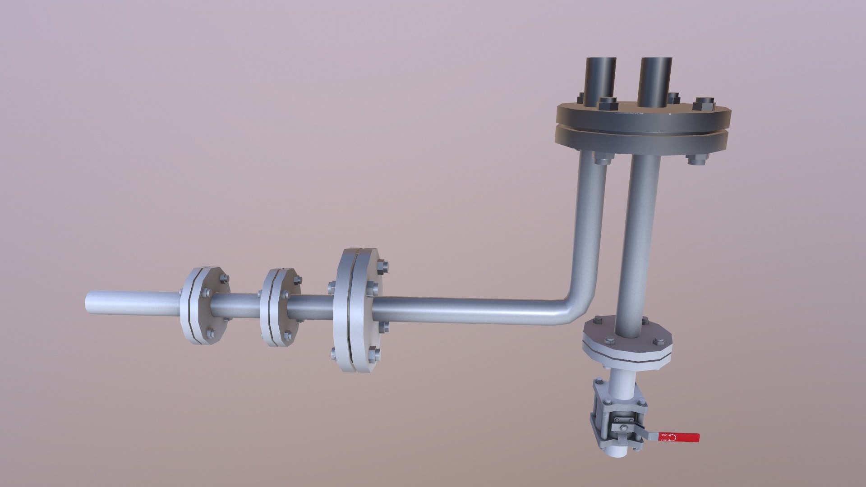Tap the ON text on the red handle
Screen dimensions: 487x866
[664, 435]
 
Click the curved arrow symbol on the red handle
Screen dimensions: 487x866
[673, 437]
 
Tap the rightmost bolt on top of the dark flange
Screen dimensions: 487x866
[704, 104]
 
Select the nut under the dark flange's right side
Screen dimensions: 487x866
[695, 160]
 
